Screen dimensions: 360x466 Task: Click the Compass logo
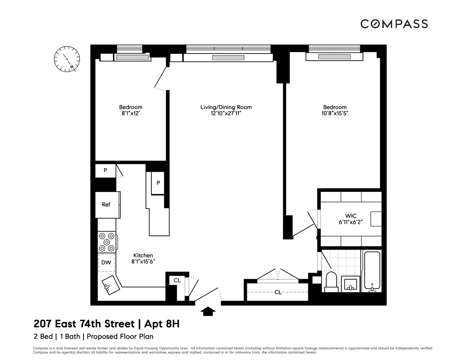coord(394,24)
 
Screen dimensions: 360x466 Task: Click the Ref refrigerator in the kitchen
coord(106,205)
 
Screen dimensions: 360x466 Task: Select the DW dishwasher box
coord(106,263)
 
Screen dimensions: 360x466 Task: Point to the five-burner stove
coord(107,242)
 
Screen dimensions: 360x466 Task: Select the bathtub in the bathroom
coord(372,271)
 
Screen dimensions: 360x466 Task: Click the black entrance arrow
coord(209,311)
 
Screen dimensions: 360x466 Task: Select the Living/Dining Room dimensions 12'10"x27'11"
coord(226,113)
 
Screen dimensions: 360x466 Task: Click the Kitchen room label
coord(143,256)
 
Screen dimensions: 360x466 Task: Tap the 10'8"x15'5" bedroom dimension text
coord(335,113)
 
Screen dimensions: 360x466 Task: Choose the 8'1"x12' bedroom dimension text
coord(130,113)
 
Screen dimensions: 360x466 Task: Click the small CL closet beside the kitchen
coord(177,280)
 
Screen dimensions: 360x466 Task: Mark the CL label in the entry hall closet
coord(278,292)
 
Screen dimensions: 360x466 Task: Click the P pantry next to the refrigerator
coord(105,170)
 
